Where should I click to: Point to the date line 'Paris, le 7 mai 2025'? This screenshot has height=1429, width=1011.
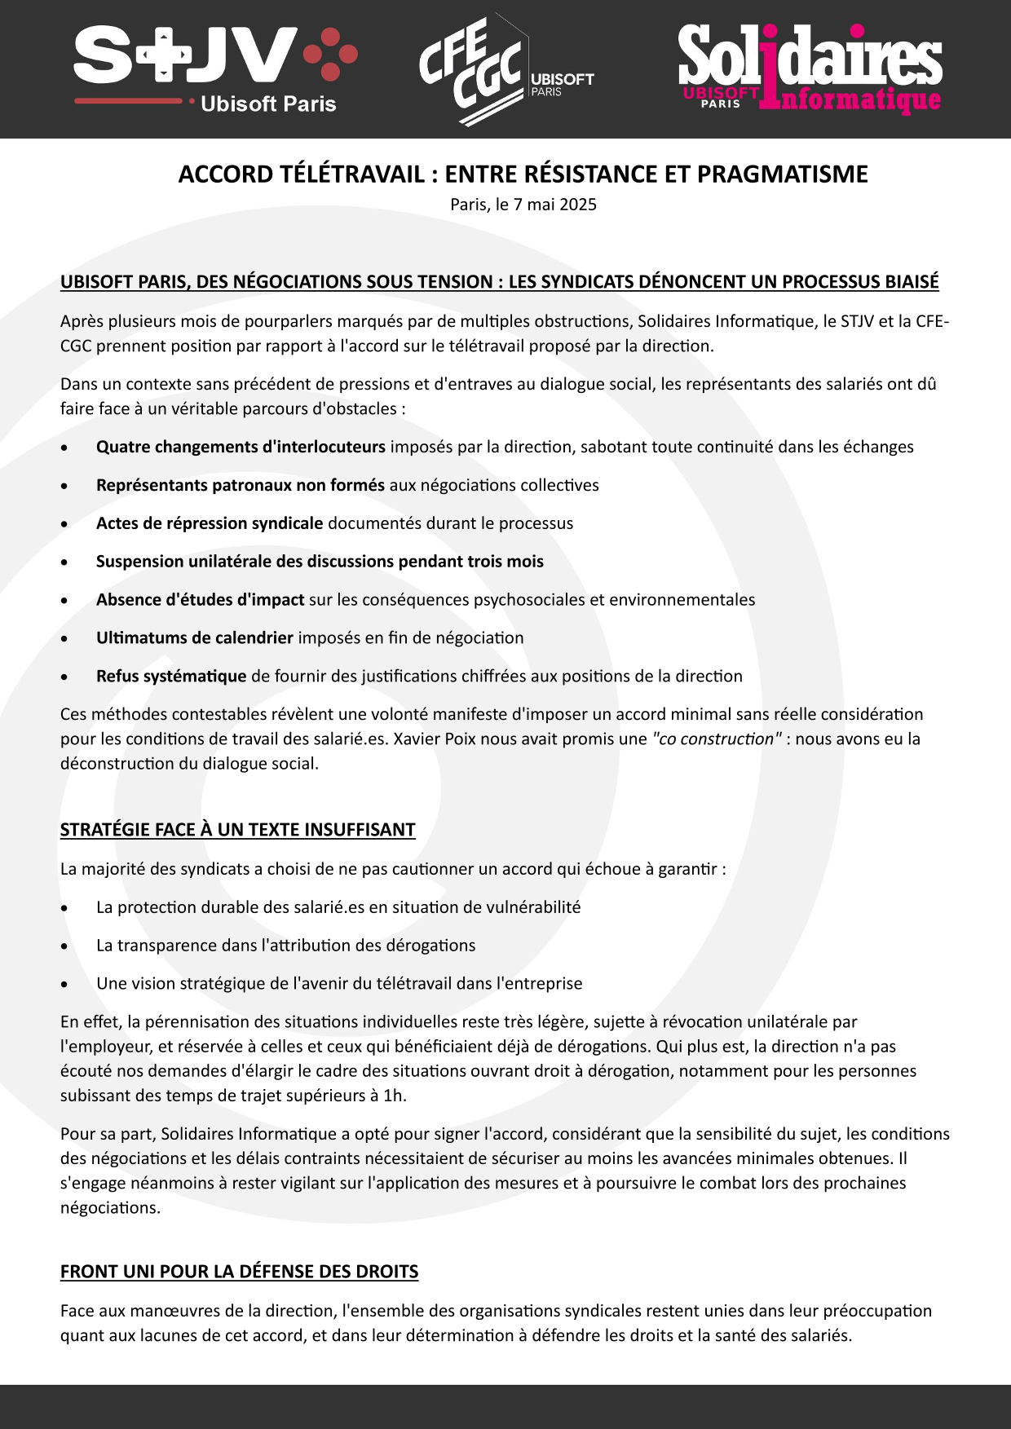pyautogui.click(x=523, y=205)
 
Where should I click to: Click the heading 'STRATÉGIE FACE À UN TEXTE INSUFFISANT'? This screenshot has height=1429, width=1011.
pyautogui.click(x=237, y=830)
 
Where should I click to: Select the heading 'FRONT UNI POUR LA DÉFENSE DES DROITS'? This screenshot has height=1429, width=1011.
pyautogui.click(x=239, y=1272)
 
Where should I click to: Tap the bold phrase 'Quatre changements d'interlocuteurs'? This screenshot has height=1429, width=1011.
pyautogui.click(x=241, y=447)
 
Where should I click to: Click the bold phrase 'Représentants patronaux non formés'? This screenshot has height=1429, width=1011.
pyautogui.click(x=240, y=485)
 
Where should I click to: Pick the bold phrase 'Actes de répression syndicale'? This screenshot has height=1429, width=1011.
pyautogui.click(x=210, y=523)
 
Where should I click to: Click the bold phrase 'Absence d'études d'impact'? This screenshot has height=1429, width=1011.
pyautogui.click(x=200, y=600)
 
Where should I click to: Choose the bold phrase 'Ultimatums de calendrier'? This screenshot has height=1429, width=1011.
pyautogui.click(x=194, y=638)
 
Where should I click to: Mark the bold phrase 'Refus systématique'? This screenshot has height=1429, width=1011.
pyautogui.click(x=170, y=677)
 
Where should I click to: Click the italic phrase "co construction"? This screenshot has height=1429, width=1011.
pyautogui.click(x=716, y=739)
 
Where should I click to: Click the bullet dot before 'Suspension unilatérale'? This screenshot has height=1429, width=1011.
pyautogui.click(x=64, y=562)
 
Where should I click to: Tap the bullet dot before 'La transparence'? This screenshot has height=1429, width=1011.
pyautogui.click(x=64, y=946)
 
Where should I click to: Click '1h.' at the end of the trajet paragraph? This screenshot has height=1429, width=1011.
pyautogui.click(x=395, y=1096)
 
